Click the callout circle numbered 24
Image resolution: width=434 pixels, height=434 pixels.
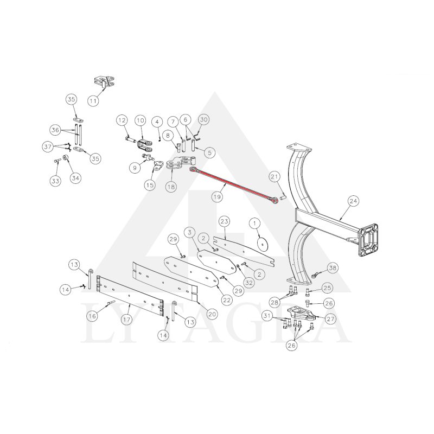pyautogui.click(x=354, y=201)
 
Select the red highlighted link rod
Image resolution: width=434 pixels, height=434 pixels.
pyautogui.click(x=234, y=185)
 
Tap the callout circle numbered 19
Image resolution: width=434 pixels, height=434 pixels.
pyautogui.click(x=218, y=197)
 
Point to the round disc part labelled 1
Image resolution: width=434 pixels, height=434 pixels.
pyautogui.click(x=263, y=244)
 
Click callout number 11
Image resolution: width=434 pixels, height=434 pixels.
pyautogui.click(x=93, y=101)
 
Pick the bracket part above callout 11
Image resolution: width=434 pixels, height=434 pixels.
pyautogui.click(x=104, y=82)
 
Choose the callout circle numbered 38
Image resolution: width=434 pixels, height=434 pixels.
pyautogui.click(x=333, y=268)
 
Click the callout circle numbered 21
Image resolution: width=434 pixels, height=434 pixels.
pyautogui.click(x=275, y=177)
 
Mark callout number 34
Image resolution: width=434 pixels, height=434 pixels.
pyautogui.click(x=75, y=178)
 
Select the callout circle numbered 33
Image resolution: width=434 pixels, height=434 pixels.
pyautogui.click(x=55, y=181)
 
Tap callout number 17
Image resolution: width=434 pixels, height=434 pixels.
pyautogui.click(x=126, y=320)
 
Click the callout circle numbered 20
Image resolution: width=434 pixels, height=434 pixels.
pyautogui.click(x=212, y=314)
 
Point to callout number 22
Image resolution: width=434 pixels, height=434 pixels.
pyautogui.click(x=227, y=300)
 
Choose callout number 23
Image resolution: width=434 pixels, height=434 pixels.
pyautogui.click(x=225, y=221)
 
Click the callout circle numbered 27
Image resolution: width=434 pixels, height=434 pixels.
pyautogui.click(x=331, y=319)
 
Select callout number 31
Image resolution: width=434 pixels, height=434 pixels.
pyautogui.click(x=267, y=316)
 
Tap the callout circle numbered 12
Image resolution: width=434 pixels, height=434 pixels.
pyautogui.click(x=122, y=120)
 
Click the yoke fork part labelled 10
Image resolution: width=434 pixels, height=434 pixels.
pyautogui.click(x=144, y=145)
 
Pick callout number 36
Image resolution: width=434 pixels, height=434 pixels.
pyautogui.click(x=55, y=130)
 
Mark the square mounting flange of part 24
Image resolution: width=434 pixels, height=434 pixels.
pyautogui.click(x=368, y=240)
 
